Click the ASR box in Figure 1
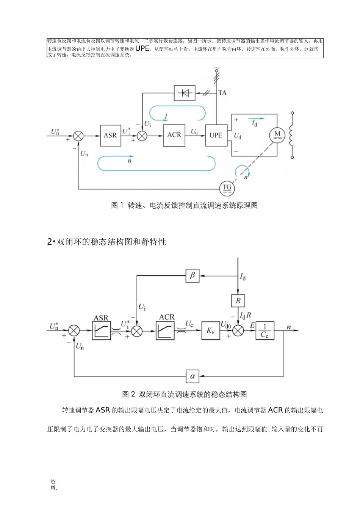point(110,135)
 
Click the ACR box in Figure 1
point(174,135)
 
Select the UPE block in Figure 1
point(216,135)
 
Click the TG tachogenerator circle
point(227,188)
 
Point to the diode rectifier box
point(185,93)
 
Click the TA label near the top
point(222,93)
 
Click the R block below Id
point(238,301)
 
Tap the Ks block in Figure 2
point(210,331)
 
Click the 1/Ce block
point(265,331)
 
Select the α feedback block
point(192,376)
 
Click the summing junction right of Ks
point(238,331)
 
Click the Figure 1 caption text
point(184,206)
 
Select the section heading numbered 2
point(106,242)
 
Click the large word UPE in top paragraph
point(142,48)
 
